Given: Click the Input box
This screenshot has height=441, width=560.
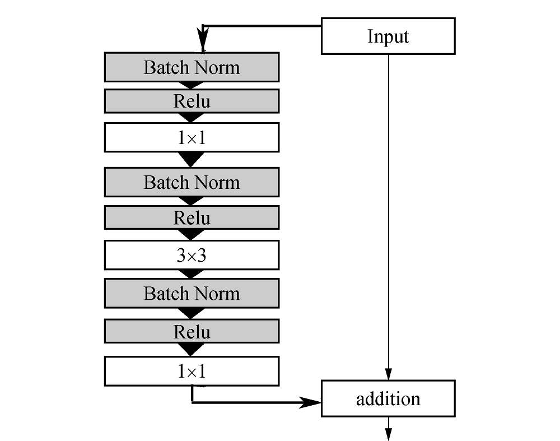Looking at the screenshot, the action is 388,36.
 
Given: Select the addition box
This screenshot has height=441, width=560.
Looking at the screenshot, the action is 388,398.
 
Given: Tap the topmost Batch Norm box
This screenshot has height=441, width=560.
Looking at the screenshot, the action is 192,67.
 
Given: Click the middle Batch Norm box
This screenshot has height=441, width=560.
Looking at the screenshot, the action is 192,182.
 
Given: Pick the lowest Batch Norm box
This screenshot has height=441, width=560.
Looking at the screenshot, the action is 192,294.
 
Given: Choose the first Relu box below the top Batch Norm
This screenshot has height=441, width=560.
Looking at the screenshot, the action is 192,101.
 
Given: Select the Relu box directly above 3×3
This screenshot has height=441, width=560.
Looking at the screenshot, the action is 192,217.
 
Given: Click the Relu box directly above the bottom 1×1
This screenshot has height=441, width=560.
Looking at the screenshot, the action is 192,331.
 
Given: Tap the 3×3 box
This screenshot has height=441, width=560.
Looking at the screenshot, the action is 192,255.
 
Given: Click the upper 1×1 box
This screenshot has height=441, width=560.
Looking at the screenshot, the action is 192,138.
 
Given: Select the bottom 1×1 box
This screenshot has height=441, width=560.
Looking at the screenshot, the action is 192,371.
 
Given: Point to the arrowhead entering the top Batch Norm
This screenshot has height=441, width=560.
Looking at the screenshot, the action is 203,40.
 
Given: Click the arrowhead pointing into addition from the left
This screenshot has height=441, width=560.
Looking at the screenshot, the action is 310,402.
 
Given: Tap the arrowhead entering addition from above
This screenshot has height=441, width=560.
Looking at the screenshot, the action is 389,374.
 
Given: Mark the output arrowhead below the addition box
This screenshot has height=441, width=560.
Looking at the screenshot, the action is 389,434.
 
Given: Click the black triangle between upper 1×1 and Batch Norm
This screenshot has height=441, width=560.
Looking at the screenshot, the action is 191,159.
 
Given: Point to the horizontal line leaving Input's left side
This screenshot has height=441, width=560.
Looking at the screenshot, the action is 262,26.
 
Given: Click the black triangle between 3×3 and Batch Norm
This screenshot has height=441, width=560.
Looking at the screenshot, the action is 191,274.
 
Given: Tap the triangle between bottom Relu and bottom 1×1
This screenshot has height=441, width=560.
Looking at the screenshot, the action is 191,350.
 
